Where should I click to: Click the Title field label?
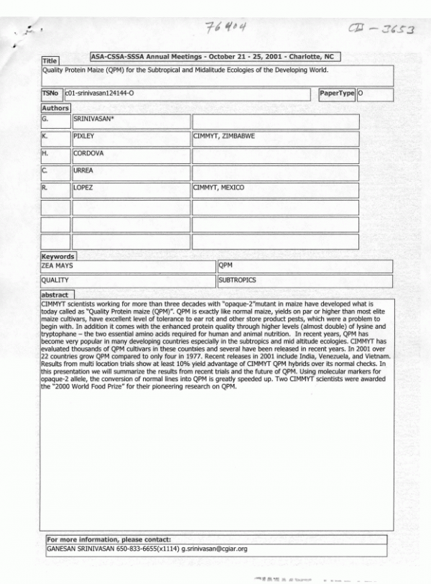click(x=50, y=62)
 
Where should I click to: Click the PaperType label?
click(x=337, y=93)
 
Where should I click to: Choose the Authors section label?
click(x=55, y=109)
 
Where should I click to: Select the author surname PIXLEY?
click(x=85, y=136)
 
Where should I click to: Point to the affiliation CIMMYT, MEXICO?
click(x=219, y=188)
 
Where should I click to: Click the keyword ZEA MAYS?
click(x=57, y=265)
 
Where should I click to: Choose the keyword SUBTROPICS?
click(x=238, y=280)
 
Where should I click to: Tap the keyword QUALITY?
click(x=55, y=280)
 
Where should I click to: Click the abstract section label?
click(x=55, y=295)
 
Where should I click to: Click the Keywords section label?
click(x=57, y=256)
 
